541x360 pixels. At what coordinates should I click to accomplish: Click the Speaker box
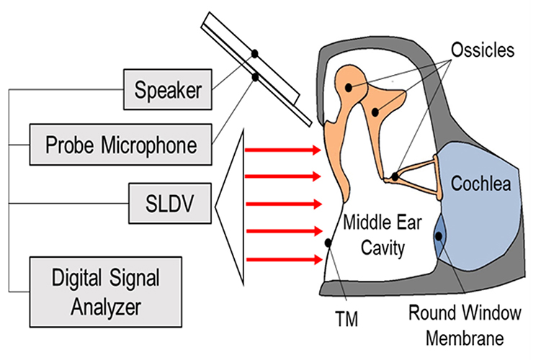coord(167,90)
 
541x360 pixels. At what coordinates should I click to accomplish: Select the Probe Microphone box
coord(122,145)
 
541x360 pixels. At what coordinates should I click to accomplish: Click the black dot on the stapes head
coord(395,176)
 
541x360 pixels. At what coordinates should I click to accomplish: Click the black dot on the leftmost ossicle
coord(348,87)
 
